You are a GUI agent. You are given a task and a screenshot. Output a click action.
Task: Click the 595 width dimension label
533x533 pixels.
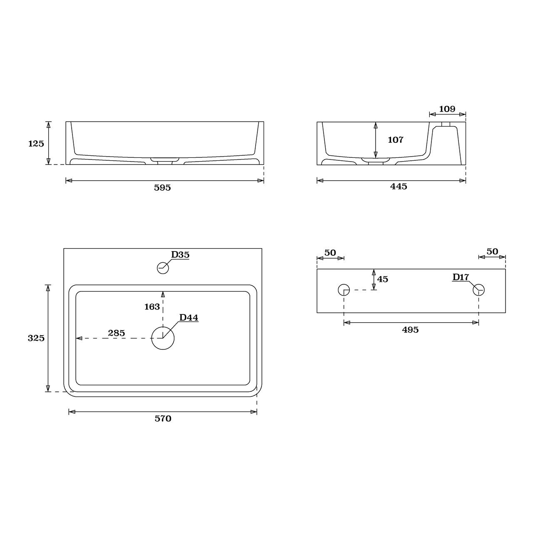162,188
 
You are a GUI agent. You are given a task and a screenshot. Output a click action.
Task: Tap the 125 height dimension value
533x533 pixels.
36,144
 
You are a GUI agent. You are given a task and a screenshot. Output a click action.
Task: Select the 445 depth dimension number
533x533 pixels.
399,187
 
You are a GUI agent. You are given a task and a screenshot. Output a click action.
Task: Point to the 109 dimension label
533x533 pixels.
447,109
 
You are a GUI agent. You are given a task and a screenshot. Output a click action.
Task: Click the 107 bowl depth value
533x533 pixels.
396,140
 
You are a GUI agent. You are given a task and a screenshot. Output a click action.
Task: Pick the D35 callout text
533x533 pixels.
180,255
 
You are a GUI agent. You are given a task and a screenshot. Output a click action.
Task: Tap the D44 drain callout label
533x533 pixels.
189,318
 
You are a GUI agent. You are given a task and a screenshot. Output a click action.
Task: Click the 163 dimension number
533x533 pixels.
152,307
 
